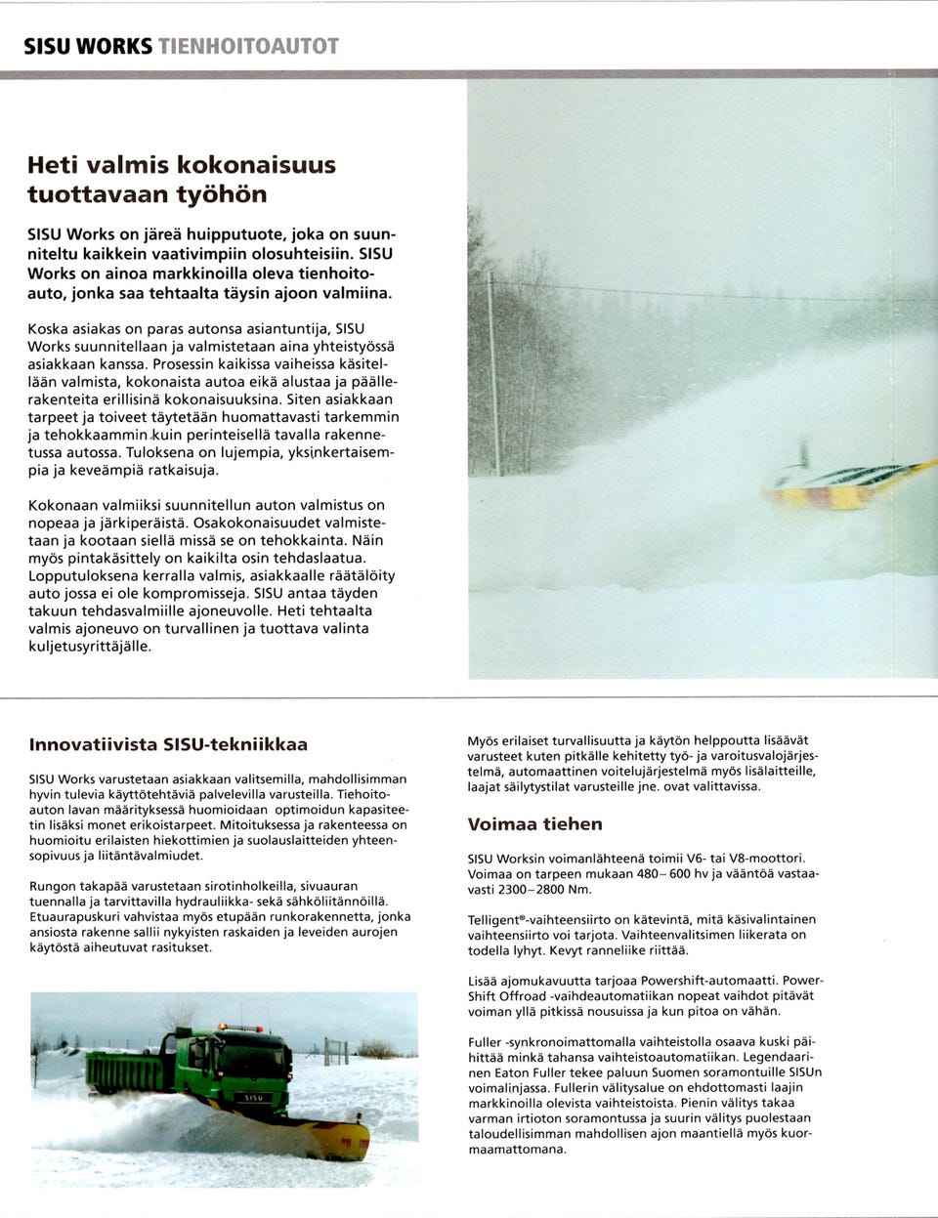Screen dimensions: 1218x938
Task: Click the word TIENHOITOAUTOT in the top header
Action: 248,46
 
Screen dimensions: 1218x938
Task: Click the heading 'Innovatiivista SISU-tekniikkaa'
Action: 168,744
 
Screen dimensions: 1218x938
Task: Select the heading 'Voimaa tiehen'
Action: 534,823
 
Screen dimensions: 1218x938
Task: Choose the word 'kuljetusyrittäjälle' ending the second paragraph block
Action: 90,646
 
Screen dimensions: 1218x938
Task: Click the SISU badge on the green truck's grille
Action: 253,1098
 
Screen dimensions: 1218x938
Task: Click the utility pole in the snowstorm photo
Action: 492,371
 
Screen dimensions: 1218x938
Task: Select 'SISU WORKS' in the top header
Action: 88,46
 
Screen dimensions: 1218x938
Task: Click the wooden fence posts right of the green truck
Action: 337,1052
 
